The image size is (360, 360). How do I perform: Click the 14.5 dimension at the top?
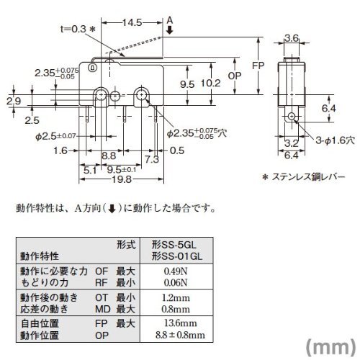pos(132,22)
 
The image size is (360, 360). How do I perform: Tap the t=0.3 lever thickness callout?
pos(78,29)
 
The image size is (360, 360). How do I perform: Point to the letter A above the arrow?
pos(170,20)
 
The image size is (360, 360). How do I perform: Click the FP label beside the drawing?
pos(258,66)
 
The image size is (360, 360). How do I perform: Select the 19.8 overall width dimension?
pos(122,179)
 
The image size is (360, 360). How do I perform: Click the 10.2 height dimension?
pos(210,83)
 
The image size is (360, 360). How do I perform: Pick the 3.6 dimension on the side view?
pos(292,38)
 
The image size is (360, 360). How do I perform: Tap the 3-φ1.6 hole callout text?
pos(336,140)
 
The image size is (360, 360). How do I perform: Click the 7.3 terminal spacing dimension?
pos(152,159)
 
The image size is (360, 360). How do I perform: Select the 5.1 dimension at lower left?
pos(90,171)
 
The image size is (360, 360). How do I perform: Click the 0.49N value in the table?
pos(176,271)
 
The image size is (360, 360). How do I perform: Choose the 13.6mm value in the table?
pos(180,323)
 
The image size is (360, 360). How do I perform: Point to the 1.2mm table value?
pos(176,297)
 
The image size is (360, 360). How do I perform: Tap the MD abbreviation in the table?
pos(103,309)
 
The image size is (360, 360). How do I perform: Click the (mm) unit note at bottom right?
pos(331,347)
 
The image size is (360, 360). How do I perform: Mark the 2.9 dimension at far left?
pos(14,101)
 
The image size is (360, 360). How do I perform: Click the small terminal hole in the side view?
pos(292,116)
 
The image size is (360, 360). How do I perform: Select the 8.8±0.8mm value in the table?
pos(180,335)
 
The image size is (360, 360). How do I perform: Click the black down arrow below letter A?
pos(170,30)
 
